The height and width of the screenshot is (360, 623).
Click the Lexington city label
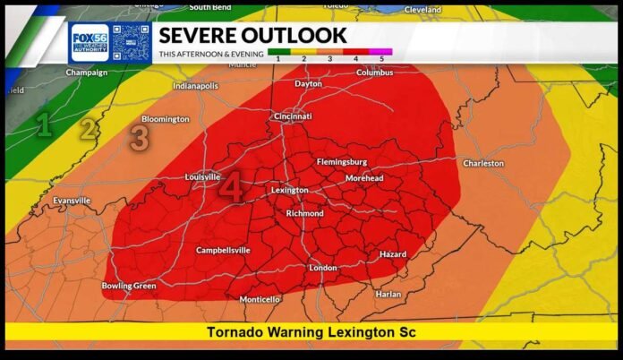click(290, 190)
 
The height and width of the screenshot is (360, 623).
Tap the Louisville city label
click(202, 177)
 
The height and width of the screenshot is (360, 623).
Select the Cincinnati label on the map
click(293, 116)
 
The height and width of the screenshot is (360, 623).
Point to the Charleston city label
click(483, 164)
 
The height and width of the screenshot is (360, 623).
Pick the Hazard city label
click(392, 255)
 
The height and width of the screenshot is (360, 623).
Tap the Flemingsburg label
click(342, 162)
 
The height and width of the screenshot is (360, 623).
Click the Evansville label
click(72, 201)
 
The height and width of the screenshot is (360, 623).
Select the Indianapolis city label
click(195, 87)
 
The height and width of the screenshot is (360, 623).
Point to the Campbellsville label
click(223, 251)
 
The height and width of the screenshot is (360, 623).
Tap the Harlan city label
click(388, 294)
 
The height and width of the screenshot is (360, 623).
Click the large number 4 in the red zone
click(231, 188)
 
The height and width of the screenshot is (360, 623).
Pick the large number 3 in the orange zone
click(139, 139)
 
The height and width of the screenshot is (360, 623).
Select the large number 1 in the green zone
click(42, 126)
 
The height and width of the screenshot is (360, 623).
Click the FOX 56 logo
click(90, 42)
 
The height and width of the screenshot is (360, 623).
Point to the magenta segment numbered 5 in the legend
click(382, 51)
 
